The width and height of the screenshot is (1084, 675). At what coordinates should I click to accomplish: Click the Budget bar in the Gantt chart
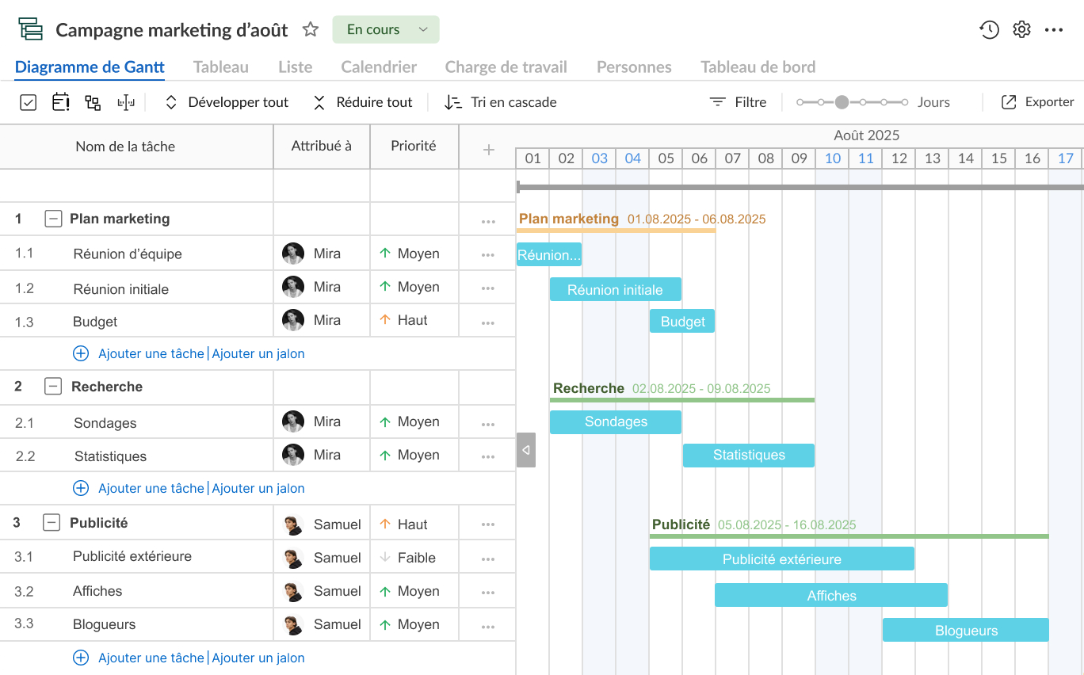pyautogui.click(x=681, y=322)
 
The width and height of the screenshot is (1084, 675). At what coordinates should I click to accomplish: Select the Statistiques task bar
pyautogui.click(x=749, y=455)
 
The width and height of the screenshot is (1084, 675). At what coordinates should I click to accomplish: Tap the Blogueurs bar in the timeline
pyautogui.click(x=965, y=630)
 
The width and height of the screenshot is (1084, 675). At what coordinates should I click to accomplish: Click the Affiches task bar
pyautogui.click(x=831, y=595)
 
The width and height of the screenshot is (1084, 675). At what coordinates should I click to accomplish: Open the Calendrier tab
pyautogui.click(x=379, y=67)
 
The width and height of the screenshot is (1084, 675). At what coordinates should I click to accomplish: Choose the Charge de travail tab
pyautogui.click(x=506, y=67)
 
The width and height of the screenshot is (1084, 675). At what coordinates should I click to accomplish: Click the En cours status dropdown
pyautogui.click(x=386, y=29)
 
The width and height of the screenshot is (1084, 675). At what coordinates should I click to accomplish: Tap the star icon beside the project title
pyautogui.click(x=310, y=29)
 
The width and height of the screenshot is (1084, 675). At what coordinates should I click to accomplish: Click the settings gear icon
pyautogui.click(x=1021, y=29)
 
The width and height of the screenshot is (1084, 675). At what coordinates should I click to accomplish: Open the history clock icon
pyautogui.click(x=989, y=29)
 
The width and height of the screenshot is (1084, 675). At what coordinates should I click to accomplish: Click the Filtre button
pyautogui.click(x=738, y=102)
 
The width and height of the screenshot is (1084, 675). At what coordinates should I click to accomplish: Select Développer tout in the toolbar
pyautogui.click(x=227, y=102)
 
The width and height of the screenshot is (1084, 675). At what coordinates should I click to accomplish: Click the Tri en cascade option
pyautogui.click(x=500, y=102)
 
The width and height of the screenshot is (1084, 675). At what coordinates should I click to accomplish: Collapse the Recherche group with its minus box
pyautogui.click(x=53, y=386)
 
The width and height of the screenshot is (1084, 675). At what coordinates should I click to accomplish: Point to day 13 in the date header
pyautogui.click(x=932, y=158)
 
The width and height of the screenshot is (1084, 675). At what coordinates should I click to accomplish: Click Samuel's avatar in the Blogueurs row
pyautogui.click(x=293, y=624)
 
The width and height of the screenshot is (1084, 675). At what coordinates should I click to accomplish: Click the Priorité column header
pyautogui.click(x=414, y=146)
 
